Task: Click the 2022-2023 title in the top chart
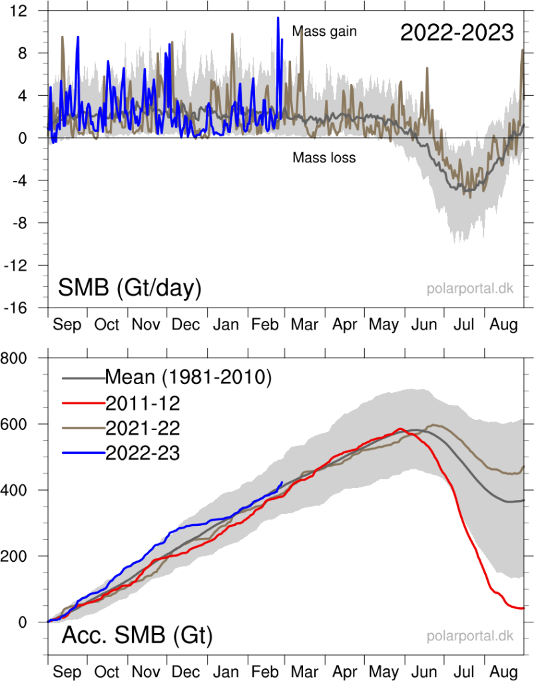tap(457, 33)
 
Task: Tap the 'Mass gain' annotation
tap(325, 31)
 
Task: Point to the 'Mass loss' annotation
tap(324, 158)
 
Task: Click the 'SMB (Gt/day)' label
tap(130, 288)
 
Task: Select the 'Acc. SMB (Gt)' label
tap(137, 636)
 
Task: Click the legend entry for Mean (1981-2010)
tap(188, 377)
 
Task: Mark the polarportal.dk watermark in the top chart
tap(470, 289)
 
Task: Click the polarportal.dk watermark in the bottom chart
tap(470, 636)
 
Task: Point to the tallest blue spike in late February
tap(278, 18)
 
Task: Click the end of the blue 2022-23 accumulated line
tap(282, 482)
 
